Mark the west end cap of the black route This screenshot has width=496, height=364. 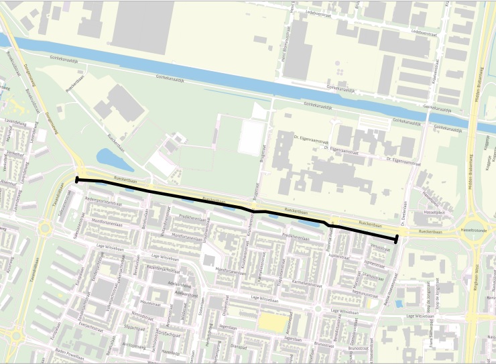tap(77, 180)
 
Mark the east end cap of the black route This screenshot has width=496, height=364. tap(397, 238)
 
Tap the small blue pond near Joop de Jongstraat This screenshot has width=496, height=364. tap(399, 303)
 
